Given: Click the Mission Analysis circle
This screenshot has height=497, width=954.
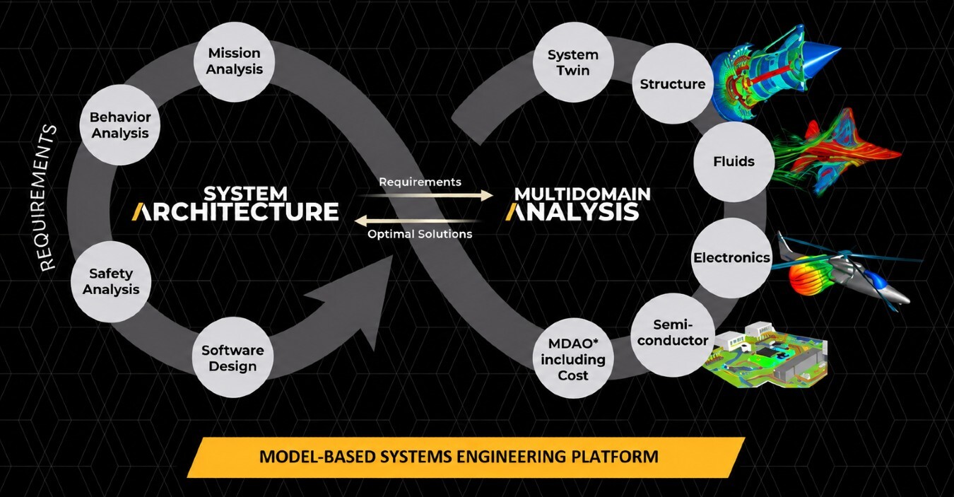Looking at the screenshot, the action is [234, 62].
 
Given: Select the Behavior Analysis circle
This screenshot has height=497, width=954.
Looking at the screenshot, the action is [120, 125].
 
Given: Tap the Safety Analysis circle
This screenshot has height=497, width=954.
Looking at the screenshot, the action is [111, 281].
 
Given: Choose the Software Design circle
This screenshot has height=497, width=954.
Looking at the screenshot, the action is [232, 358].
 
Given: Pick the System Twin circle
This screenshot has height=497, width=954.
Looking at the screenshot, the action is [573, 62].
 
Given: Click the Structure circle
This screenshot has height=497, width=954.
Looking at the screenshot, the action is [673, 84].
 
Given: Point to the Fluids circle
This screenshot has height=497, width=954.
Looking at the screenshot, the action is [734, 162].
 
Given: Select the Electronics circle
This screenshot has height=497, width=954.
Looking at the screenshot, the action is [731, 258].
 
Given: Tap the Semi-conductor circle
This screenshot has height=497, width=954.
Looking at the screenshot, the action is [673, 333].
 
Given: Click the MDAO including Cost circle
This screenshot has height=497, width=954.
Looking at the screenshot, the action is [573, 358].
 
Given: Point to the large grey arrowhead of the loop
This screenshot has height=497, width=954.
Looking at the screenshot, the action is [362, 298].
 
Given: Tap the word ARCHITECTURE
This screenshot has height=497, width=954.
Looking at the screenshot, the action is [235, 212].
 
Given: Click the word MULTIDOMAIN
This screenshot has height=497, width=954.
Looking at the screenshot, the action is [582, 194].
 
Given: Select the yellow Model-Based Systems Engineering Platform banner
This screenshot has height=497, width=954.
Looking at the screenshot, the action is [466, 457].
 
